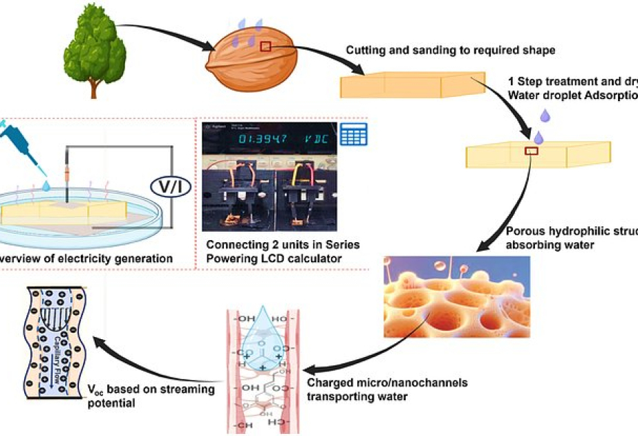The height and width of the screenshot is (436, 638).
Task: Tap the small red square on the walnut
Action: (x=265, y=46)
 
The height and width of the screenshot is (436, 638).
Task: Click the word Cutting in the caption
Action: (x=364, y=51)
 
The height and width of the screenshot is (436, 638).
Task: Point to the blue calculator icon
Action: (x=353, y=134)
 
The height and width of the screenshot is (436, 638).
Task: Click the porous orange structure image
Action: (x=457, y=291)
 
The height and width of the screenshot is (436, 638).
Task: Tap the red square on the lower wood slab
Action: (x=532, y=151)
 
